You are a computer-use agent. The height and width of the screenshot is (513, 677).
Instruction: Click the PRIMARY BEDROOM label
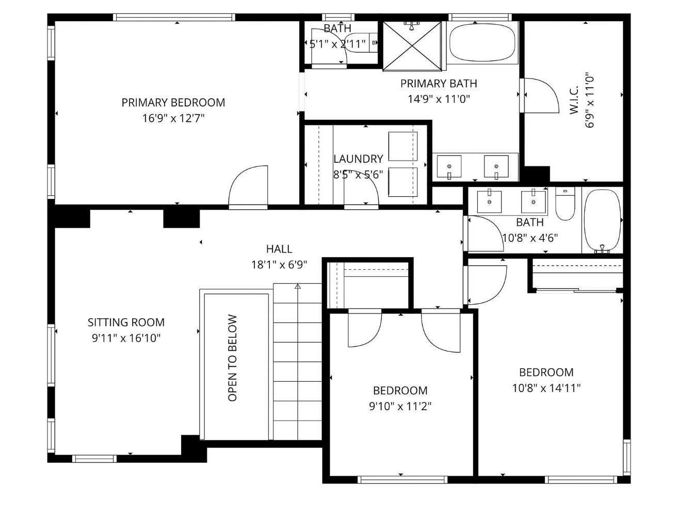173,102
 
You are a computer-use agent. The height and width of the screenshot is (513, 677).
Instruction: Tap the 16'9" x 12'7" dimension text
173,118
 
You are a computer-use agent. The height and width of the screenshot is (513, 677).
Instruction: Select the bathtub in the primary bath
481,42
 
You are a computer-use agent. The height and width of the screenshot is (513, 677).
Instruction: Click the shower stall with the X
412,46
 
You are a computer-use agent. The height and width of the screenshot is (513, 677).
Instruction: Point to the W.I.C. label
573,100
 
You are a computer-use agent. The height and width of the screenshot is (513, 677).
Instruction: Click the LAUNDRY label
358,159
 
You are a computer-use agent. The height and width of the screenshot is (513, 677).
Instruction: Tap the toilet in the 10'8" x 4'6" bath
565,204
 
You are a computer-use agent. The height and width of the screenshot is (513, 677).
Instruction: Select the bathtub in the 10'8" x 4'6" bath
602,221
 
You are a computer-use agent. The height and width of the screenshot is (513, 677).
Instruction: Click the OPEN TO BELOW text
232,357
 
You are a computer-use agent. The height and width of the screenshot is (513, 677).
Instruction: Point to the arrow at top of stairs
297,286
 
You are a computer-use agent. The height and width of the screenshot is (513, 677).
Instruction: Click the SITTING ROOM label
126,322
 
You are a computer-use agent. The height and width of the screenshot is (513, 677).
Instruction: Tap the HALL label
279,249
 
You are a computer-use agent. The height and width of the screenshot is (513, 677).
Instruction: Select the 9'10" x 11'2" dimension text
400,406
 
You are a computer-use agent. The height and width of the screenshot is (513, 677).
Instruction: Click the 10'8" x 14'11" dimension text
546,388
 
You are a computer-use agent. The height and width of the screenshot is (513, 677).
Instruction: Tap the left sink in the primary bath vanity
449,167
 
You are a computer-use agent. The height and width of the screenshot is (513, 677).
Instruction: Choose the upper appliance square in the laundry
402,146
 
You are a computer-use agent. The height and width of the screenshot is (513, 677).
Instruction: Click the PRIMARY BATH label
439,83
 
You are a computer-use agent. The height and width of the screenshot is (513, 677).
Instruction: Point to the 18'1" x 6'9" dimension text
279,265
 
